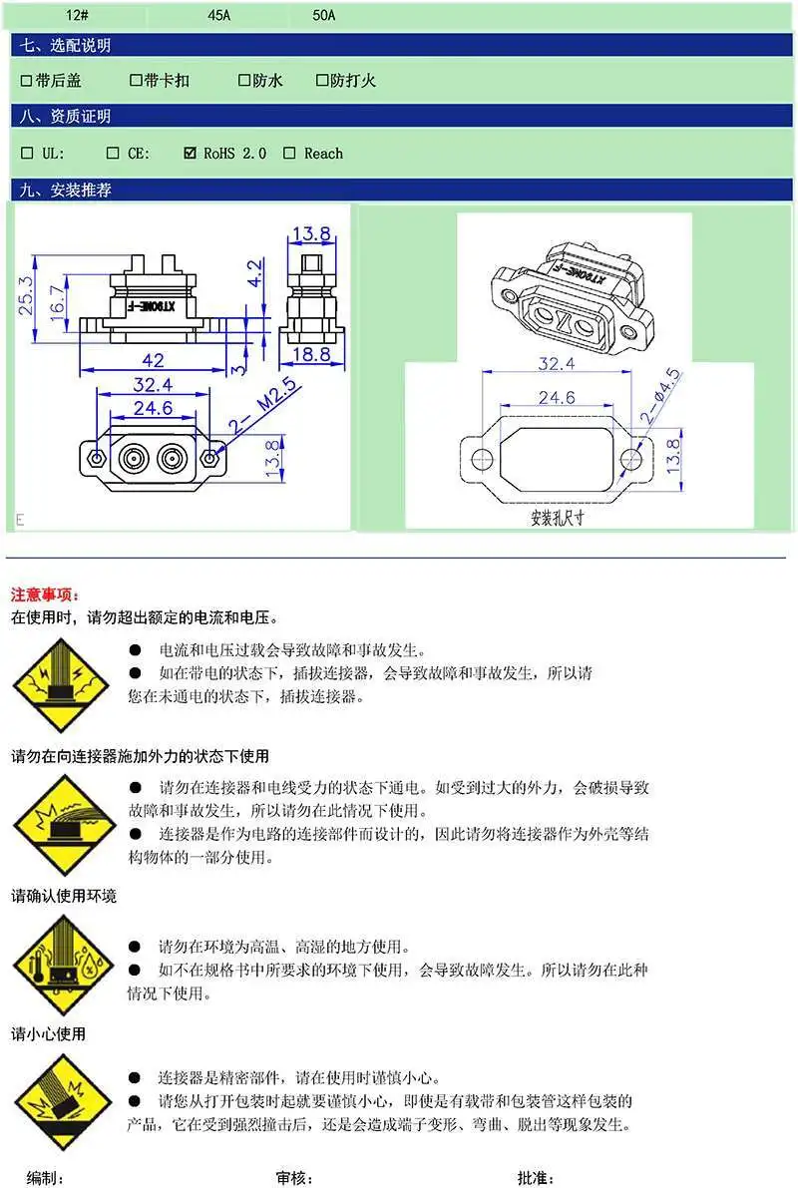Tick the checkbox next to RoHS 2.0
[x=191, y=153]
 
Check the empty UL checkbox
[x=27, y=153]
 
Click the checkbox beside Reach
[x=289, y=153]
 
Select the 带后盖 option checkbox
[x=27, y=81]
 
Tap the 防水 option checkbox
[x=244, y=80]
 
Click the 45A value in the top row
[x=219, y=15]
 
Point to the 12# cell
[x=77, y=15]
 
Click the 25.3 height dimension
[x=26, y=295]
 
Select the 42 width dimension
[x=153, y=360]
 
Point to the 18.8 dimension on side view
[x=311, y=354]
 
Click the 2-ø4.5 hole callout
[x=660, y=395]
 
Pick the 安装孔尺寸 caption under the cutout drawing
[x=557, y=519]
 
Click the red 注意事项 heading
[x=46, y=595]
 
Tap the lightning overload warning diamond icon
[x=61, y=686]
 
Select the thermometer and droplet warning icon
[x=63, y=966]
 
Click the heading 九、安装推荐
[x=66, y=191]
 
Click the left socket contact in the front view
[x=134, y=459]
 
